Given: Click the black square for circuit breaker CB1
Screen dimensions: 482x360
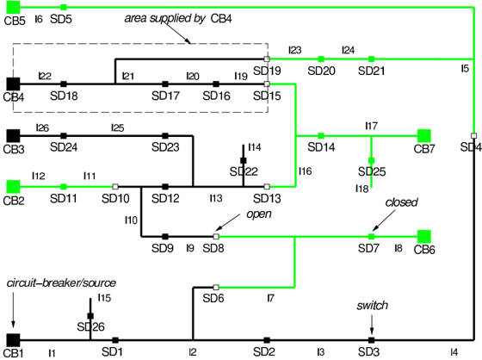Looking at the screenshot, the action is coord(13,340).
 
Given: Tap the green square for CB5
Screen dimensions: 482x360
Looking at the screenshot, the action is coord(13,7).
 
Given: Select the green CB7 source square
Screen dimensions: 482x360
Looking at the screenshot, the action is coord(424,136).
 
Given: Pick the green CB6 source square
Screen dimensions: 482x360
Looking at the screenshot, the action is coord(424,236).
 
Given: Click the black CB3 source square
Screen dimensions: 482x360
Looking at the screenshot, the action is coord(13,136).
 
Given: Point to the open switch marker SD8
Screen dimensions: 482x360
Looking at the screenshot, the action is coord(216,236).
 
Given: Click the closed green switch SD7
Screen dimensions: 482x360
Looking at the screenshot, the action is coord(371,236).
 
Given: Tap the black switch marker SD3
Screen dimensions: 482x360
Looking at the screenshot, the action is coord(371,340).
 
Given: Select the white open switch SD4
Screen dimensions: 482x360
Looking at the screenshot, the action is coord(473,136).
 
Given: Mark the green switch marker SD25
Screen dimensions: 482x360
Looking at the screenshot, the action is coord(371,160).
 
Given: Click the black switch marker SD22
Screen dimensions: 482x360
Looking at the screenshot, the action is coord(243,160).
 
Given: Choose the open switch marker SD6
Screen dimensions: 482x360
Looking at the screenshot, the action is coord(216,288).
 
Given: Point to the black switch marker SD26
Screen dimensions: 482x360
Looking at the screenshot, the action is coord(90,316).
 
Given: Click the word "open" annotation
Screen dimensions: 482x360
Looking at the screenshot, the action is coord(259,214).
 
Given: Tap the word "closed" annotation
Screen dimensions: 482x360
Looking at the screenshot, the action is coord(401,202).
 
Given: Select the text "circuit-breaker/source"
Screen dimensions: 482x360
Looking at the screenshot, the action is coord(61,282).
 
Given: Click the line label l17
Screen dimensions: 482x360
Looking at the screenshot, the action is coord(371,126).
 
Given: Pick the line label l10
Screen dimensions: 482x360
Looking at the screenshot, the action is coord(131,220).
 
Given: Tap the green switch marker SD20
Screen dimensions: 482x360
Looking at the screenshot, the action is coord(321,59).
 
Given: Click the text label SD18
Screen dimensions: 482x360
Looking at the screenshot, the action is coord(64,96).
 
